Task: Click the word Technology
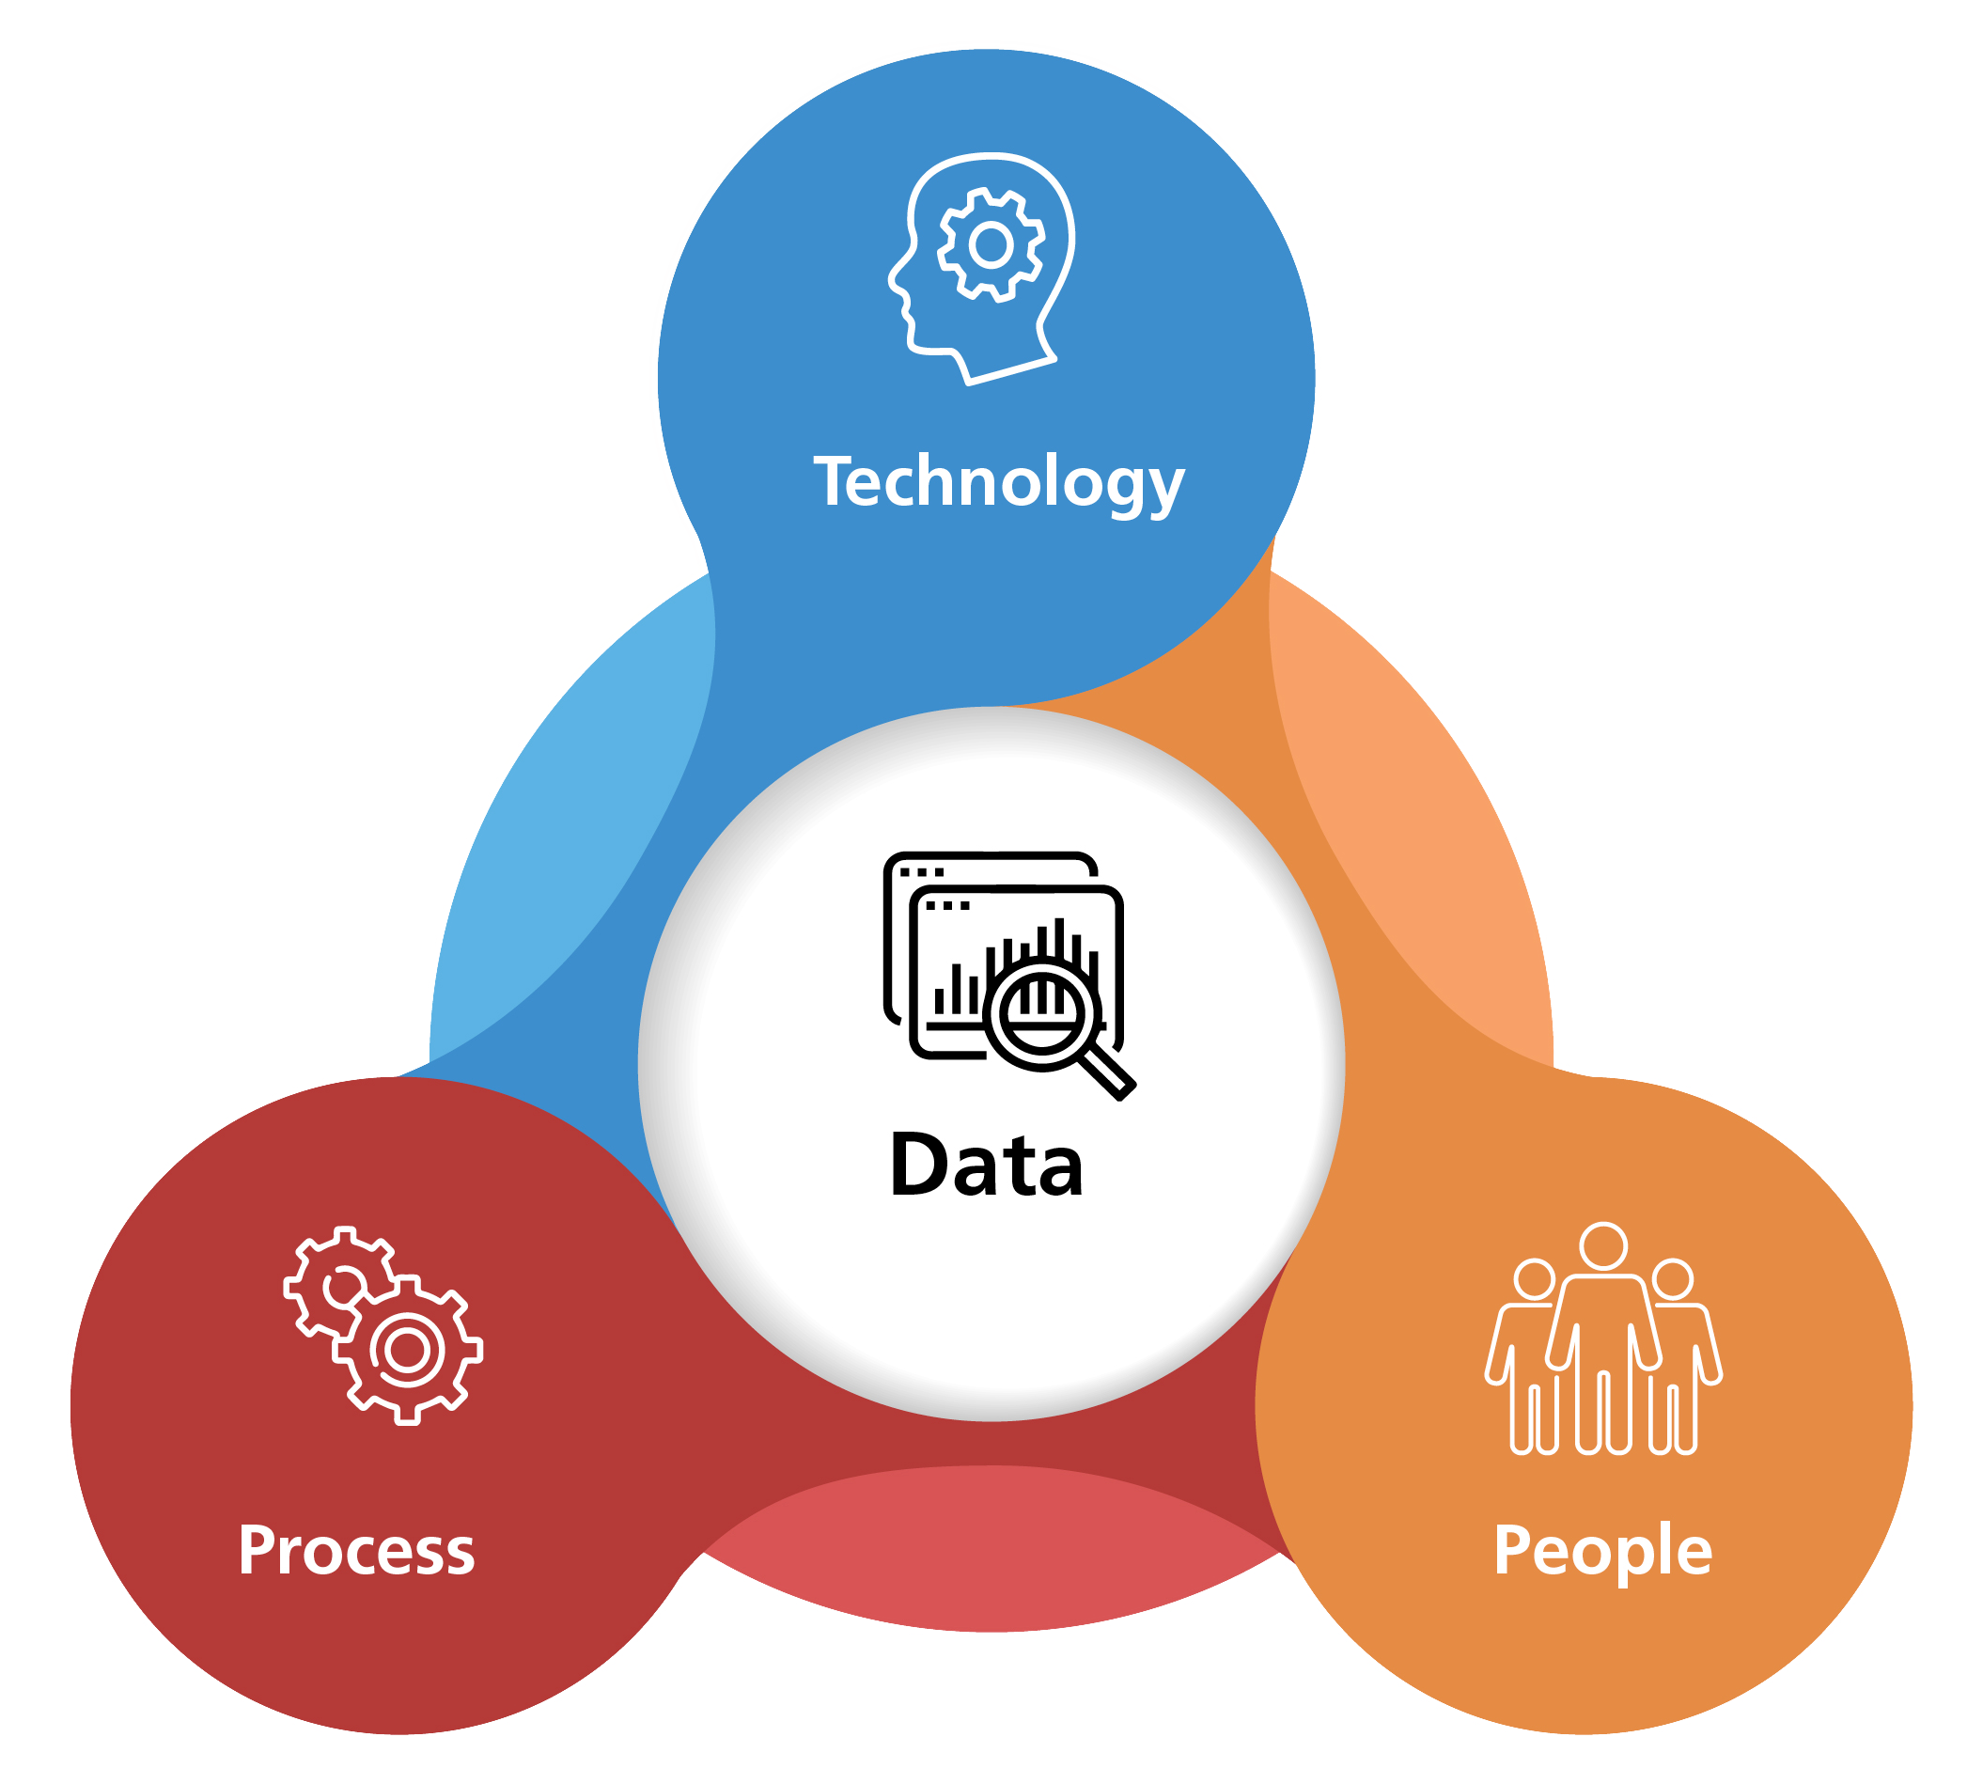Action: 999,483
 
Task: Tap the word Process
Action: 356,1551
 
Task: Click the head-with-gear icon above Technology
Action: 981,269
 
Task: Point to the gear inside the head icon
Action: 991,244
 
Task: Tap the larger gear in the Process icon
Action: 408,1351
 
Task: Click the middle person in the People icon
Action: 1602,1339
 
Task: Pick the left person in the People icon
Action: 1525,1357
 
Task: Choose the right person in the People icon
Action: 1681,1357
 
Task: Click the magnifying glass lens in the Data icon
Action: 1043,1014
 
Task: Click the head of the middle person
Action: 1603,1247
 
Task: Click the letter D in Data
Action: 920,1165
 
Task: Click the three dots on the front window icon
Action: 947,906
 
